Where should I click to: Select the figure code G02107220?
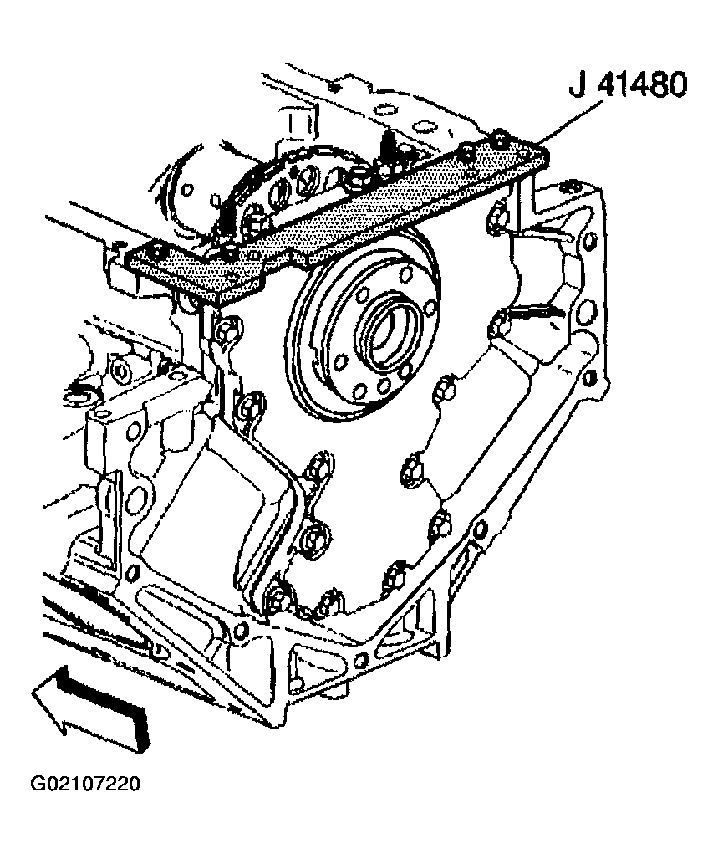tap(85, 783)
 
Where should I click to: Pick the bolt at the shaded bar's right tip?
tap(500, 135)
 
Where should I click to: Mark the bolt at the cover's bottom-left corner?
tap(275, 596)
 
